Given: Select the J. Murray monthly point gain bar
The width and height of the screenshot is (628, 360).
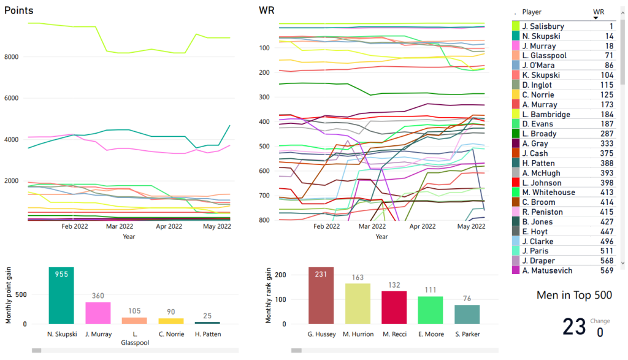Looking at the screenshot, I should pos(98,313).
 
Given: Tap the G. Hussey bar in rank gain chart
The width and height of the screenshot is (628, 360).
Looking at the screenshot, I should pos(325,296).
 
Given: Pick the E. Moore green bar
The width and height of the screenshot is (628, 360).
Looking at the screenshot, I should pos(431,310).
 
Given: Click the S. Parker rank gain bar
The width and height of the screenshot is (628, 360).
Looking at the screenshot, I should pos(467,314).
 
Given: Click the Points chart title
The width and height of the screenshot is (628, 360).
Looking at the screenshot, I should pos(19,10).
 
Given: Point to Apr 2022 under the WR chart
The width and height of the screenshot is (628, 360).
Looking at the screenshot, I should pos(423,226).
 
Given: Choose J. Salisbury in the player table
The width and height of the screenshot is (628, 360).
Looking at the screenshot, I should pos(543,26).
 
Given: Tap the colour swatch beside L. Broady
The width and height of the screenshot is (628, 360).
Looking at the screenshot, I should pos(516,134).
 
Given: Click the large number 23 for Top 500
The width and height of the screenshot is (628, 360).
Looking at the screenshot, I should pos(574,327).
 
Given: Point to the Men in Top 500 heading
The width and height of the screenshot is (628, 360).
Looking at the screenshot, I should pos(574,296).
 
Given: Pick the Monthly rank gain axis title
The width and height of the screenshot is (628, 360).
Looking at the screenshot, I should pos(269,296).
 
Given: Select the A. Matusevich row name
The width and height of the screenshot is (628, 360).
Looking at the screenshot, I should pos(547,271).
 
